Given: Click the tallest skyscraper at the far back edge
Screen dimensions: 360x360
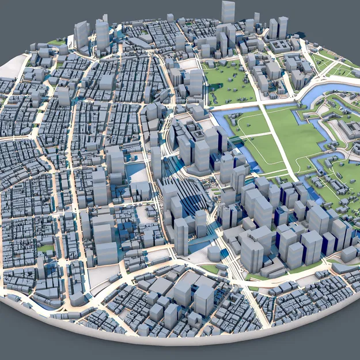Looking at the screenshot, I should click(x=228, y=12).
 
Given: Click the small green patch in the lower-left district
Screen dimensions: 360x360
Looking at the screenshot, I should click(x=46, y=248).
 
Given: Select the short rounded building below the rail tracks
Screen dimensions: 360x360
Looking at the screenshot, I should click(x=214, y=252).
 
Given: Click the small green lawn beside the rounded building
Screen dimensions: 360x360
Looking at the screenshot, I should click(x=211, y=268).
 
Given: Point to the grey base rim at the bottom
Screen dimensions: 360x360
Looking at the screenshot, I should click(x=173, y=340).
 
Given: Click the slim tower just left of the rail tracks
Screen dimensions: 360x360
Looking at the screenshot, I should click(x=156, y=161).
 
